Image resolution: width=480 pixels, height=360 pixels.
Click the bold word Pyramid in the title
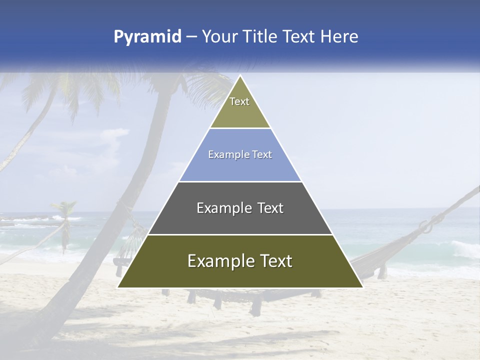coord(147,36)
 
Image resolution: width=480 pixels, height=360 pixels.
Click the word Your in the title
coord(220,36)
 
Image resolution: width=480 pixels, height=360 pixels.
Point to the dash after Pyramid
coord(191,37)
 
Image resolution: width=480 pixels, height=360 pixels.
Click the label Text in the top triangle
coord(239,101)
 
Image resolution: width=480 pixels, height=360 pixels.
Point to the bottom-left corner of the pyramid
coord(118,287)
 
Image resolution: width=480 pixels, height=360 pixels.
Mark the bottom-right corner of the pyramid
coord(362,287)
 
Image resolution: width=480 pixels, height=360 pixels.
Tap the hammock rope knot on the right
coord(427,226)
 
